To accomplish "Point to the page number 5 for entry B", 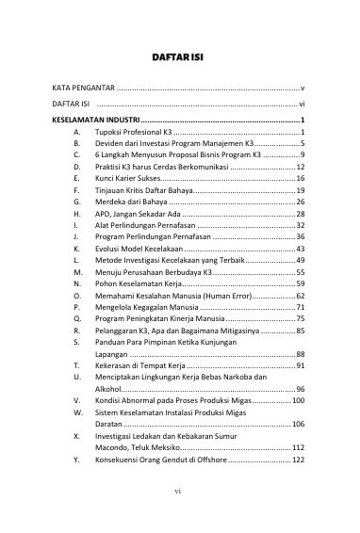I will [302, 143].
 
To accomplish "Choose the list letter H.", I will [74, 214].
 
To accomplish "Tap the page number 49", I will [299, 260].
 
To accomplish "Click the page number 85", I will [299, 331].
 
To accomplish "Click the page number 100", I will [297, 400].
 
